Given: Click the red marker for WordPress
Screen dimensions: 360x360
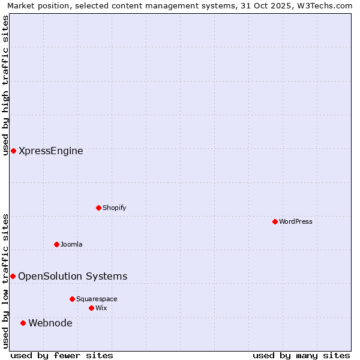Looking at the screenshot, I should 275,221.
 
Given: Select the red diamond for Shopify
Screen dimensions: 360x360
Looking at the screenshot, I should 98,208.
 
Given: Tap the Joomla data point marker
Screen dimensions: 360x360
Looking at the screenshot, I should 56,244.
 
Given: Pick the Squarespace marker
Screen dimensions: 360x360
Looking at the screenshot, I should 72,299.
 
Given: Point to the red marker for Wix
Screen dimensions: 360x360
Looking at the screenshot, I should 91,308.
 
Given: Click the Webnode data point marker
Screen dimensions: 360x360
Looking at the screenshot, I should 23,323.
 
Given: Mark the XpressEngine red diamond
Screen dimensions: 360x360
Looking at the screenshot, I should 13,151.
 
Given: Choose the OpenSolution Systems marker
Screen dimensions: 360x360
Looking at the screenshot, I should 13,276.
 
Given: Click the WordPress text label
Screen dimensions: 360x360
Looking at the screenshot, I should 295,221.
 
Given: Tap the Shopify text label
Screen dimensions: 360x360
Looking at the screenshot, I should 114,208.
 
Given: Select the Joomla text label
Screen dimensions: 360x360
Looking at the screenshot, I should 71,244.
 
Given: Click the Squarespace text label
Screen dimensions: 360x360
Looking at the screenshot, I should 97,299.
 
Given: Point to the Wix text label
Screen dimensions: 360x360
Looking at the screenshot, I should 101,308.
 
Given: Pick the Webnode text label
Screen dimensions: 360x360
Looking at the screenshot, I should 50,323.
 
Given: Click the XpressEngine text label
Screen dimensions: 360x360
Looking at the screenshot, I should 51,151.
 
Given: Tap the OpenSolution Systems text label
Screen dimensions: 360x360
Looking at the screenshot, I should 73,276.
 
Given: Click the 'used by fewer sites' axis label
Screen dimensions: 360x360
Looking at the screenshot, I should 62,355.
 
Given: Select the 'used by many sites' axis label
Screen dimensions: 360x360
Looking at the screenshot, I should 301,355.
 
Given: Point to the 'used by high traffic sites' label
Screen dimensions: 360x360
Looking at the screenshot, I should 5,85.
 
